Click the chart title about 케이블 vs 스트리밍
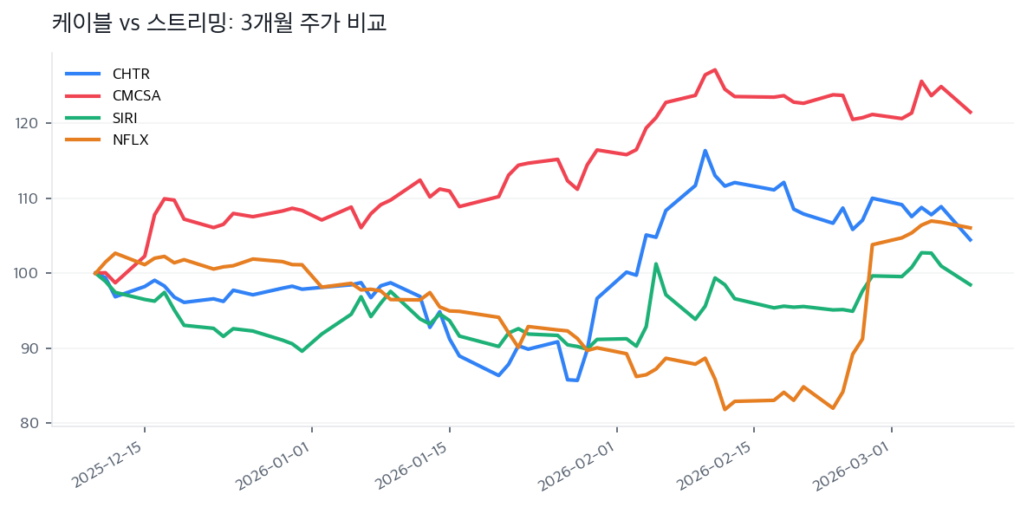219,23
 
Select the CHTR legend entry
131,75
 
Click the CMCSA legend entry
136,96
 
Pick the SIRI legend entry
125,118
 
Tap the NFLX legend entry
130,140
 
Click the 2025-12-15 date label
108,463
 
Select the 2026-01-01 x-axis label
275,463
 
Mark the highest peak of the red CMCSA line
714,69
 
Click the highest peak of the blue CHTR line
705,151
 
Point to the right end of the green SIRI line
971,285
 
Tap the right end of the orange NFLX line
971,228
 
